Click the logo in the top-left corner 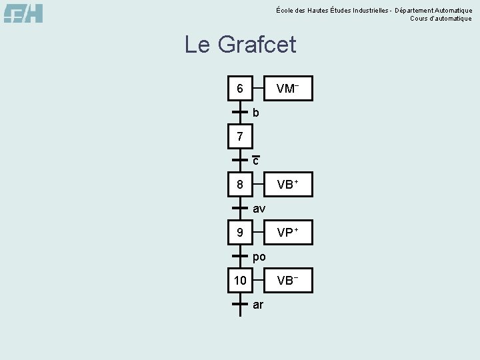23,13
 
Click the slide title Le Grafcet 240,45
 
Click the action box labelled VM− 287,88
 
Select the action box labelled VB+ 287,184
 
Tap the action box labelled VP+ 287,233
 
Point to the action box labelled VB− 287,281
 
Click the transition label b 256,113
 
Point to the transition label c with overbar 255,161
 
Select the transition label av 259,209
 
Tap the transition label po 259,257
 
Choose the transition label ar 259,305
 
